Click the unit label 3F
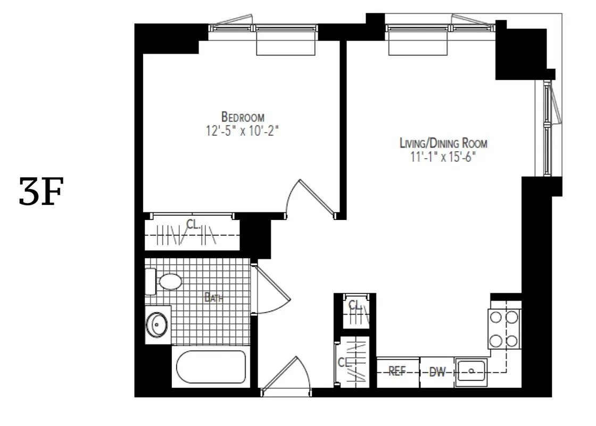[x=41, y=192]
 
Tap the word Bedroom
[x=243, y=117]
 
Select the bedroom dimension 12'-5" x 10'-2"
[x=243, y=131]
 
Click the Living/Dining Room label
[x=443, y=143]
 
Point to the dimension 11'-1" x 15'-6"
[x=443, y=157]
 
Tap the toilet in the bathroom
[x=165, y=281]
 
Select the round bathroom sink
[x=157, y=323]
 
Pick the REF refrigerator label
[x=397, y=372]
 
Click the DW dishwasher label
[x=437, y=372]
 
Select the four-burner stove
[x=504, y=329]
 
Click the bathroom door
[x=271, y=290]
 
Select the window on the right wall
[x=548, y=128]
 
